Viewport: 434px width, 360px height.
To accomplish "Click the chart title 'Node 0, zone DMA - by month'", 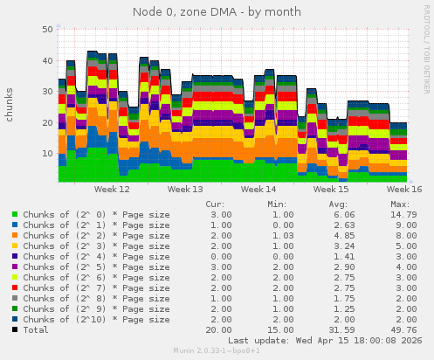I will pos(217,12).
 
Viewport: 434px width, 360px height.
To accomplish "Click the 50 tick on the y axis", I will pos(47,30).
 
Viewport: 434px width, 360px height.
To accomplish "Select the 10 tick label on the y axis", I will pos(47,154).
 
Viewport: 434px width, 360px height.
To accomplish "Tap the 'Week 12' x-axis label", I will pos(112,189).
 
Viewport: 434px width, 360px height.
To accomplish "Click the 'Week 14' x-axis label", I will pos(258,189).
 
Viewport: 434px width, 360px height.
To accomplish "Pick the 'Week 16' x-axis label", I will pos(404,189).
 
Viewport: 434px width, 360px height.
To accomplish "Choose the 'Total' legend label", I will pos(36,329).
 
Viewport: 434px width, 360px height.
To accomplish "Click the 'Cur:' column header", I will pos(215,204).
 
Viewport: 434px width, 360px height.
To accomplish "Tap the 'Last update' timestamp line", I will pos(326,340).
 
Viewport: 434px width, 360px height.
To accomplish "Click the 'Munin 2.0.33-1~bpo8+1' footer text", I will pos(217,351).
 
